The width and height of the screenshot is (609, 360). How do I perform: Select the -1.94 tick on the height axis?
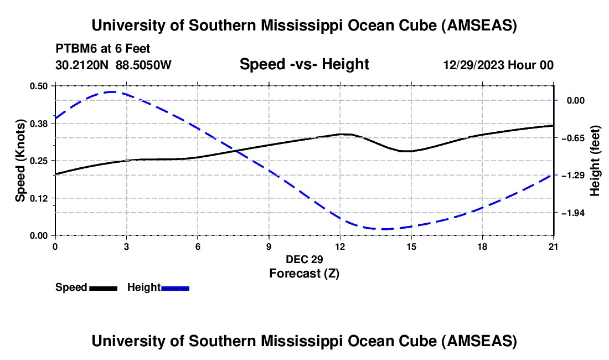click(572, 213)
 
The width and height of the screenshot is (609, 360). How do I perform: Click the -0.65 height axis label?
click(572, 138)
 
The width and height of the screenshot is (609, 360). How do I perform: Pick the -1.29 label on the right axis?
click(572, 175)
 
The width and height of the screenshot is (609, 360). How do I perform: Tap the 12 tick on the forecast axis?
click(340, 246)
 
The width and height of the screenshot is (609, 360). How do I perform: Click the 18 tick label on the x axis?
click(482, 246)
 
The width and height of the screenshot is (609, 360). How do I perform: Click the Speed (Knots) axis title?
click(20, 161)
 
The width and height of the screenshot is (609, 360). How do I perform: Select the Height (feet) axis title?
click(595, 161)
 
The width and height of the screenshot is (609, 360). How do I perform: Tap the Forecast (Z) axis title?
click(304, 273)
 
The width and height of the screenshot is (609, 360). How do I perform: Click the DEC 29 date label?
click(304, 259)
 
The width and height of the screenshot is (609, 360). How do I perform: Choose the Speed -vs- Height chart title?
click(304, 64)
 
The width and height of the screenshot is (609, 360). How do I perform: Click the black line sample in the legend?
click(103, 288)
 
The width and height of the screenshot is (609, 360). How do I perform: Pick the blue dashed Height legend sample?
click(175, 288)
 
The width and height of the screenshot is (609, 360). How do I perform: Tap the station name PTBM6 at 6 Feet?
click(102, 49)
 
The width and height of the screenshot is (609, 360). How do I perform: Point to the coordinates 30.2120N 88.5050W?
click(113, 65)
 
